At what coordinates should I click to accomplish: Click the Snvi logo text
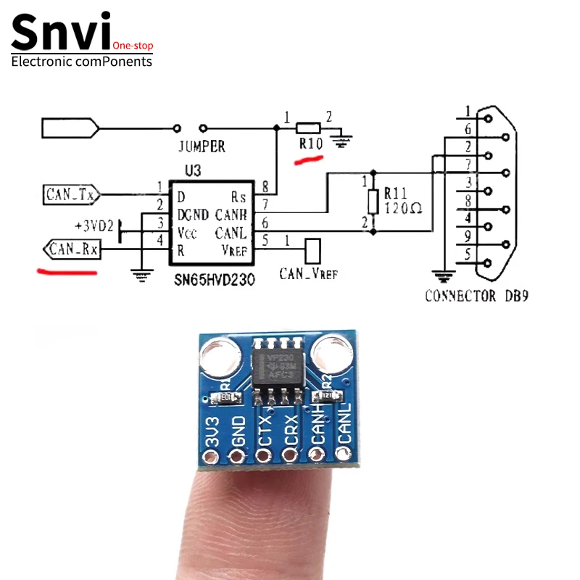62,33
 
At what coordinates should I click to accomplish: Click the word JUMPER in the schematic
201,146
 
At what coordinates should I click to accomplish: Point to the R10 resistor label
310,144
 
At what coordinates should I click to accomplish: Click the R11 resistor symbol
373,201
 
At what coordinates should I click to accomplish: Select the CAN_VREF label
308,274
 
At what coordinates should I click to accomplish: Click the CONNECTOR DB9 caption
481,296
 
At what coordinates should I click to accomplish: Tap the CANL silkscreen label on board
343,424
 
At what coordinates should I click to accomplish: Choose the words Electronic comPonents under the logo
82,62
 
